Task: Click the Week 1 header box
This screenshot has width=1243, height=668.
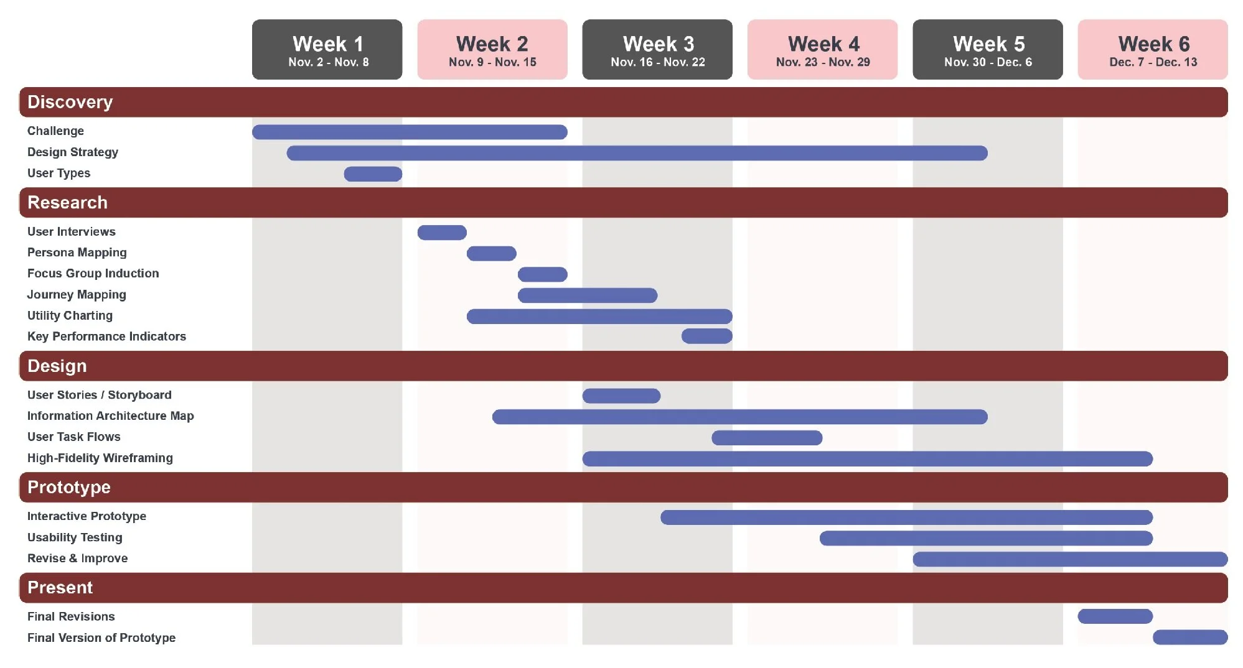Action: pos(327,49)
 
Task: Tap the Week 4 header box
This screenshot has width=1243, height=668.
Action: pos(822,49)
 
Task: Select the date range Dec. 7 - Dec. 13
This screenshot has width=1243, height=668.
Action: pos(1153,62)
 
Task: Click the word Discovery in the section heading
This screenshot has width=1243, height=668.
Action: pos(70,102)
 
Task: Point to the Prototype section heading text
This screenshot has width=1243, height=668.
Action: pos(69,487)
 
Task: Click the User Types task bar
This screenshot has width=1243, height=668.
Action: pos(373,174)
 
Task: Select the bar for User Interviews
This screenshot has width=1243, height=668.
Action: pos(442,233)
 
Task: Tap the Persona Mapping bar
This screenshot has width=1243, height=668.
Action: pos(491,253)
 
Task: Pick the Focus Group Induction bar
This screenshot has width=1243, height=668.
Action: pos(542,274)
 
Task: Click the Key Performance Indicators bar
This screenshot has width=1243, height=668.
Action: pos(706,336)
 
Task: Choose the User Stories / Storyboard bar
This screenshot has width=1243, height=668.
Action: pos(621,396)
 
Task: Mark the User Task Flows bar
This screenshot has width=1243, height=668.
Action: pos(767,438)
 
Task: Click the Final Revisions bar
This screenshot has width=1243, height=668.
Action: pos(1115,616)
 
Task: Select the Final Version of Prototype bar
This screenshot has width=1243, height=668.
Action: pos(1189,638)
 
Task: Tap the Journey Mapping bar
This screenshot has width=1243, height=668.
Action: pos(587,295)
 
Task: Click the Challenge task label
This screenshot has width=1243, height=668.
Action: pos(55,131)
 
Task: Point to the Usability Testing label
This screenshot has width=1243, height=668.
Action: pos(75,537)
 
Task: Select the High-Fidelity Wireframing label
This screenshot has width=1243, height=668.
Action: pos(100,458)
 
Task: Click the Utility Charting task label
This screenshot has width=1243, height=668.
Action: pos(70,316)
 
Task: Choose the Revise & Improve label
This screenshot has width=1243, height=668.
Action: pos(77,559)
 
